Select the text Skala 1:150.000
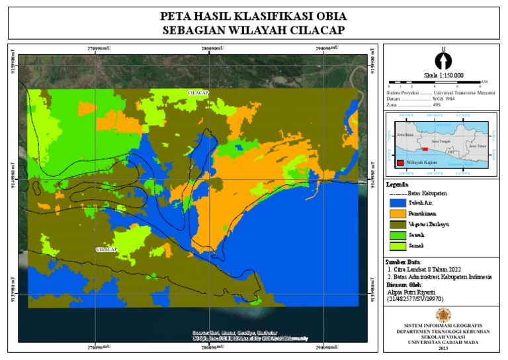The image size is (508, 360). (443, 75)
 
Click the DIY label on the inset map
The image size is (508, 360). (451, 152)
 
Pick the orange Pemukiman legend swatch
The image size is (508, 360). (397, 214)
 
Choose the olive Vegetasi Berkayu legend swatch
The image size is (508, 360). (397, 224)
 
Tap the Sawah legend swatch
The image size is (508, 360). (397, 235)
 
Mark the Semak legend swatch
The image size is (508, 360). (397, 246)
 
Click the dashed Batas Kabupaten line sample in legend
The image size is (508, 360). (397, 193)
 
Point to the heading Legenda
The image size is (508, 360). (397, 185)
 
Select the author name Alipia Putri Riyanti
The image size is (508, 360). (411, 291)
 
